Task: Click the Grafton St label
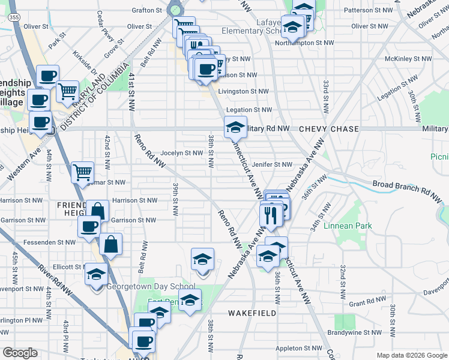click(x=147, y=10)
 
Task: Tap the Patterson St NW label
click(x=366, y=10)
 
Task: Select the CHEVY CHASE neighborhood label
click(x=329, y=129)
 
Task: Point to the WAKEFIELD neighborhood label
click(x=252, y=313)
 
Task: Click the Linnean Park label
click(x=348, y=226)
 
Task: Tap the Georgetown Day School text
click(x=151, y=287)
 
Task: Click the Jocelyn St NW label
click(x=182, y=153)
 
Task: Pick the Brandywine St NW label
click(x=355, y=332)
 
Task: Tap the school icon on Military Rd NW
click(x=235, y=127)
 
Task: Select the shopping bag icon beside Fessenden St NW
click(x=111, y=244)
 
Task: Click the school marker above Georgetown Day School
click(x=95, y=274)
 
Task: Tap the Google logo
click(x=20, y=353)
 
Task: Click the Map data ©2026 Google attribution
click(x=411, y=355)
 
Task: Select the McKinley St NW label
click(x=408, y=59)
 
